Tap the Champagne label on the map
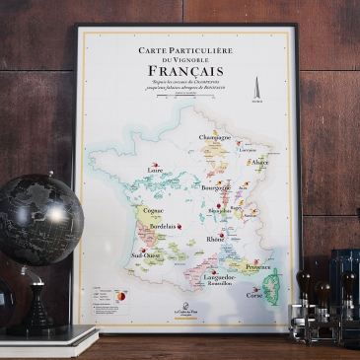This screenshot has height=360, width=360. pyautogui.click(x=216, y=137)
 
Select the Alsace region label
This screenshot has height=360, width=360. pyautogui.click(x=259, y=162)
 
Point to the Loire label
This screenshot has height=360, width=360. pyautogui.click(x=155, y=170)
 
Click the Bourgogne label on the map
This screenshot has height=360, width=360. pyautogui.click(x=216, y=185)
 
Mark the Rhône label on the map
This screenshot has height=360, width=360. pyautogui.click(x=215, y=239)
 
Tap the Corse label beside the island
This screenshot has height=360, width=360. pyautogui.click(x=254, y=294)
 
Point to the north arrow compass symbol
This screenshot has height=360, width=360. pyautogui.click(x=256, y=86)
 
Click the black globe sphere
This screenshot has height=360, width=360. pyautogui.click(x=38, y=218)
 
